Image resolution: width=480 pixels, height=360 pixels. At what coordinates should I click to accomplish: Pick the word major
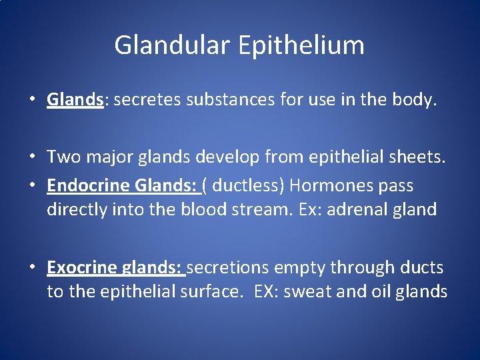[115, 157]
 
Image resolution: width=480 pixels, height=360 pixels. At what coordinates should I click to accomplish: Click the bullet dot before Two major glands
[32, 158]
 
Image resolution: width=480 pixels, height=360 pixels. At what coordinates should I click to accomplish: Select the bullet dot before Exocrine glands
[32, 268]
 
